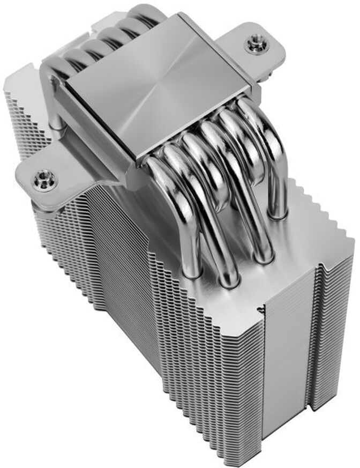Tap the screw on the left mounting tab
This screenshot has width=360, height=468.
point(42,180)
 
